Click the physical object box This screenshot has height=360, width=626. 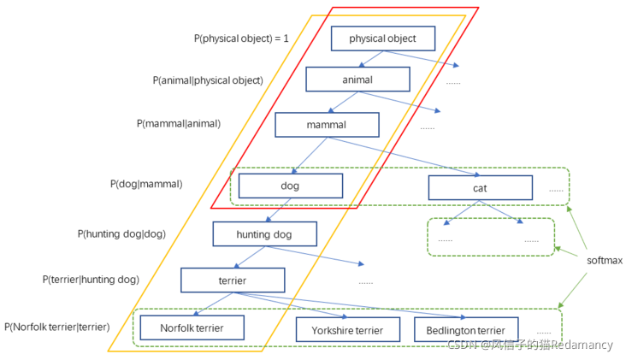click(x=383, y=38)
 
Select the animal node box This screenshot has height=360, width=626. click(x=357, y=80)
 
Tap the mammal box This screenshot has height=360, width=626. click(x=327, y=125)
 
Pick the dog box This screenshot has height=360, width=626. click(x=290, y=186)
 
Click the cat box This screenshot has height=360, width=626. click(x=481, y=187)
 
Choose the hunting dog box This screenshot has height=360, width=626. click(x=265, y=234)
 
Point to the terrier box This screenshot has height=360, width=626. click(x=233, y=280)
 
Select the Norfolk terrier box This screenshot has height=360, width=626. click(x=192, y=328)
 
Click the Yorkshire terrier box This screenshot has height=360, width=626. click(x=348, y=330)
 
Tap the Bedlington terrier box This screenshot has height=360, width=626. click(x=466, y=330)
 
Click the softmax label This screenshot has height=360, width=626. click(x=605, y=261)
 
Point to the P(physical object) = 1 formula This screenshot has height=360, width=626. click(x=241, y=38)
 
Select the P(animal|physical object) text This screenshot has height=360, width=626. click(x=208, y=80)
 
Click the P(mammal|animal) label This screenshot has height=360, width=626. click(x=179, y=124)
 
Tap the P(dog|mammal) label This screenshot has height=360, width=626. click(x=146, y=184)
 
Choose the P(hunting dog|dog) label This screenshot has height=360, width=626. click(x=121, y=234)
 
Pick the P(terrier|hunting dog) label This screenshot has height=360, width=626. click(x=91, y=280)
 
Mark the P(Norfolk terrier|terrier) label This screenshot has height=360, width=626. click(x=56, y=327)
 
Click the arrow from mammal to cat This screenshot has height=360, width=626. click(x=404, y=156)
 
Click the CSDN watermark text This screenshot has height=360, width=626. click(x=529, y=345)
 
